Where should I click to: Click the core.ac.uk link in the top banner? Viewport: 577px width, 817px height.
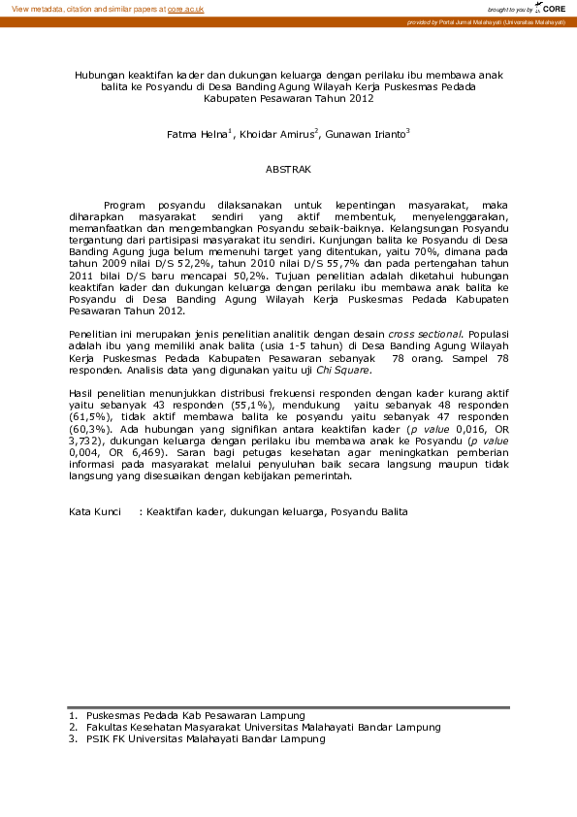point(185,8)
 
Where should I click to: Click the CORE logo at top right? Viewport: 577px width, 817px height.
point(554,8)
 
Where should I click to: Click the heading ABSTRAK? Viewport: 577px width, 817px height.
point(288,170)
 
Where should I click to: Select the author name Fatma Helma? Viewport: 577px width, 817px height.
point(196,134)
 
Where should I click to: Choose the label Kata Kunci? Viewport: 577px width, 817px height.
point(94,511)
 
